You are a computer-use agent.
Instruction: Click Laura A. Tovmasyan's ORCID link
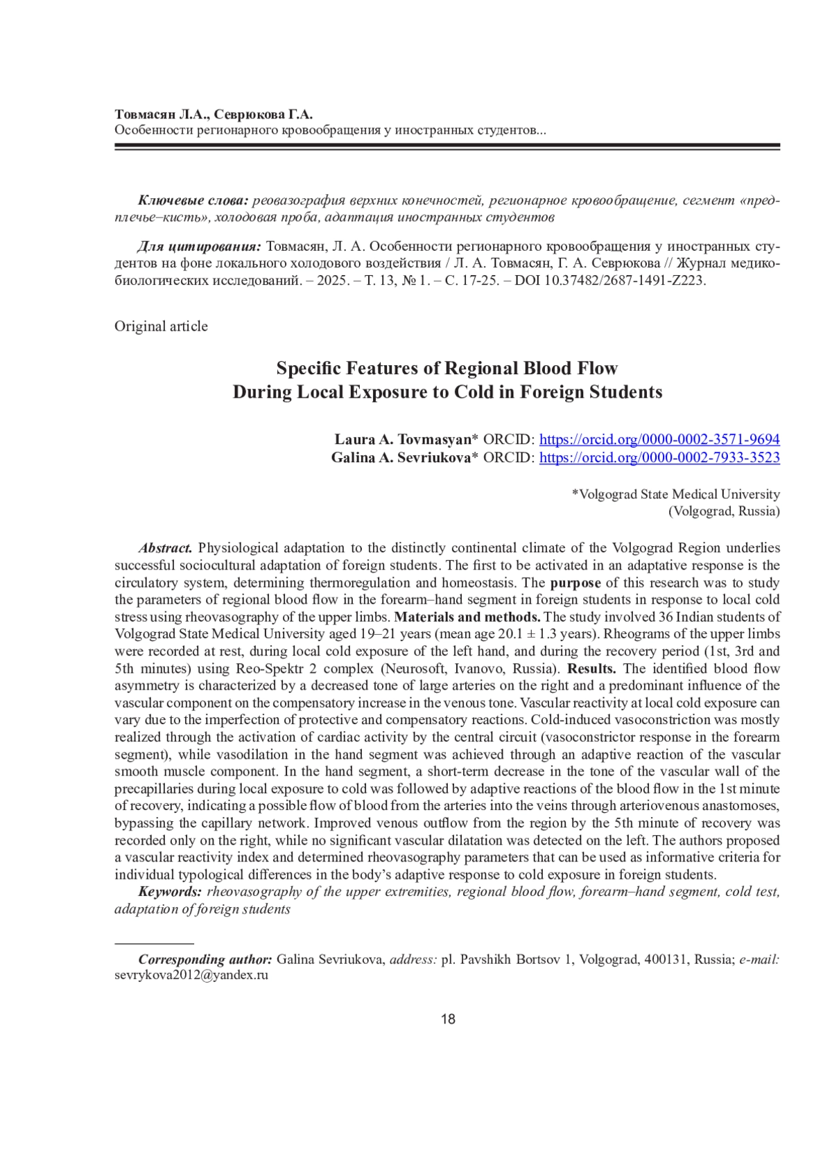pyautogui.click(x=659, y=439)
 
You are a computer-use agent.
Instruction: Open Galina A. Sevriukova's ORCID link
pyautogui.click(x=659, y=457)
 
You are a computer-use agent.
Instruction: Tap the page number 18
pyautogui.click(x=448, y=1019)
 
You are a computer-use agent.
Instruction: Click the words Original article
pyautogui.click(x=161, y=326)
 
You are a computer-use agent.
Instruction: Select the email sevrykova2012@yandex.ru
pyautogui.click(x=191, y=976)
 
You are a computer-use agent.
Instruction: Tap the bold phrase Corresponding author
pyautogui.click(x=205, y=960)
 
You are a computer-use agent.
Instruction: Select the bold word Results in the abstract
pyautogui.click(x=591, y=669)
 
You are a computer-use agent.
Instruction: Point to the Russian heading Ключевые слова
pyautogui.click(x=193, y=201)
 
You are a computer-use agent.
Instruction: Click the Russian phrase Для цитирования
pyautogui.click(x=200, y=247)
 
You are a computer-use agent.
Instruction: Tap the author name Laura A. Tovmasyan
pyautogui.click(x=406, y=439)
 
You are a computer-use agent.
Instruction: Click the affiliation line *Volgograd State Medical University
pyautogui.click(x=675, y=495)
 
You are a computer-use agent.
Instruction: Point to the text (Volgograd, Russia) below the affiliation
pyautogui.click(x=723, y=511)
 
